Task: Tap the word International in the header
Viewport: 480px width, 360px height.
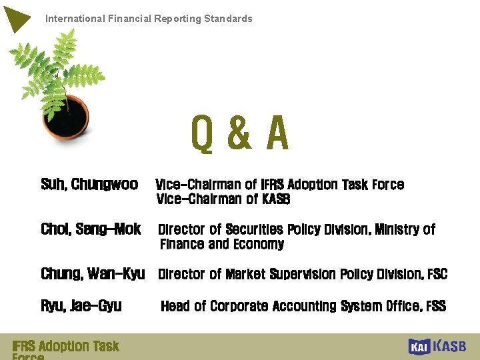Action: click(74, 19)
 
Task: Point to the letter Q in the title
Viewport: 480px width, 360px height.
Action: click(202, 133)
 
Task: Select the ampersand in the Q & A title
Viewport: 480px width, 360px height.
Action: click(239, 133)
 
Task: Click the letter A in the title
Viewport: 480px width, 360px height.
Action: click(277, 133)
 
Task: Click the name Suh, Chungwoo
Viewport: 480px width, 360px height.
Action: click(89, 184)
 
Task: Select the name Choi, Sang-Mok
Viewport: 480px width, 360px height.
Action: click(91, 229)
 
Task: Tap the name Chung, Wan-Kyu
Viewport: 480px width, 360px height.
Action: click(93, 274)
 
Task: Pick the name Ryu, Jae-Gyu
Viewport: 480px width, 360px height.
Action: click(81, 306)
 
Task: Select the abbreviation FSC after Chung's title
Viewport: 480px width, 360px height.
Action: click(437, 274)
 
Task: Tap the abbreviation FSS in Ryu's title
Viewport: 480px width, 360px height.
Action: click(435, 306)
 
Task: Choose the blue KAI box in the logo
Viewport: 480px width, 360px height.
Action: click(419, 347)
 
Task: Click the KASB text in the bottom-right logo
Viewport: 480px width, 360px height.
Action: click(450, 346)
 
